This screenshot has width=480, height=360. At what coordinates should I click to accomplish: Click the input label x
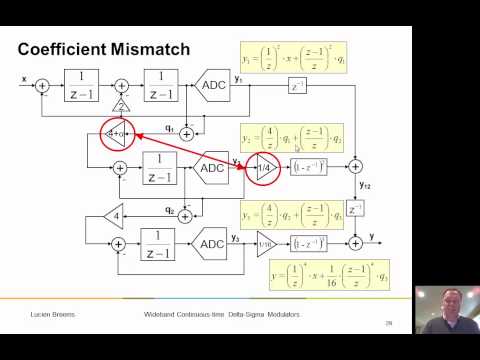click(x=23, y=76)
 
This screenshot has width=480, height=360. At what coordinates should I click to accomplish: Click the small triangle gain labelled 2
click(x=121, y=106)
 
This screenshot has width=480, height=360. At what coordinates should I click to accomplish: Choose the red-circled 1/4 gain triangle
click(x=264, y=168)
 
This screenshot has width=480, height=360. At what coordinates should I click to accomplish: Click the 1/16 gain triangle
click(x=264, y=243)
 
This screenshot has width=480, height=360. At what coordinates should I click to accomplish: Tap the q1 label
click(x=169, y=128)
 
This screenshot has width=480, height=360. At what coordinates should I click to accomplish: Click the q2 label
click(x=169, y=209)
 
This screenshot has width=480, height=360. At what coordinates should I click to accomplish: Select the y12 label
click(x=366, y=188)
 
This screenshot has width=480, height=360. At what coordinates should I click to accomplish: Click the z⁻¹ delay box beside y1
click(x=297, y=86)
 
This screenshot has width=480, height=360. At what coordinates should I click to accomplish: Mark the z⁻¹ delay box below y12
click(x=355, y=209)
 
